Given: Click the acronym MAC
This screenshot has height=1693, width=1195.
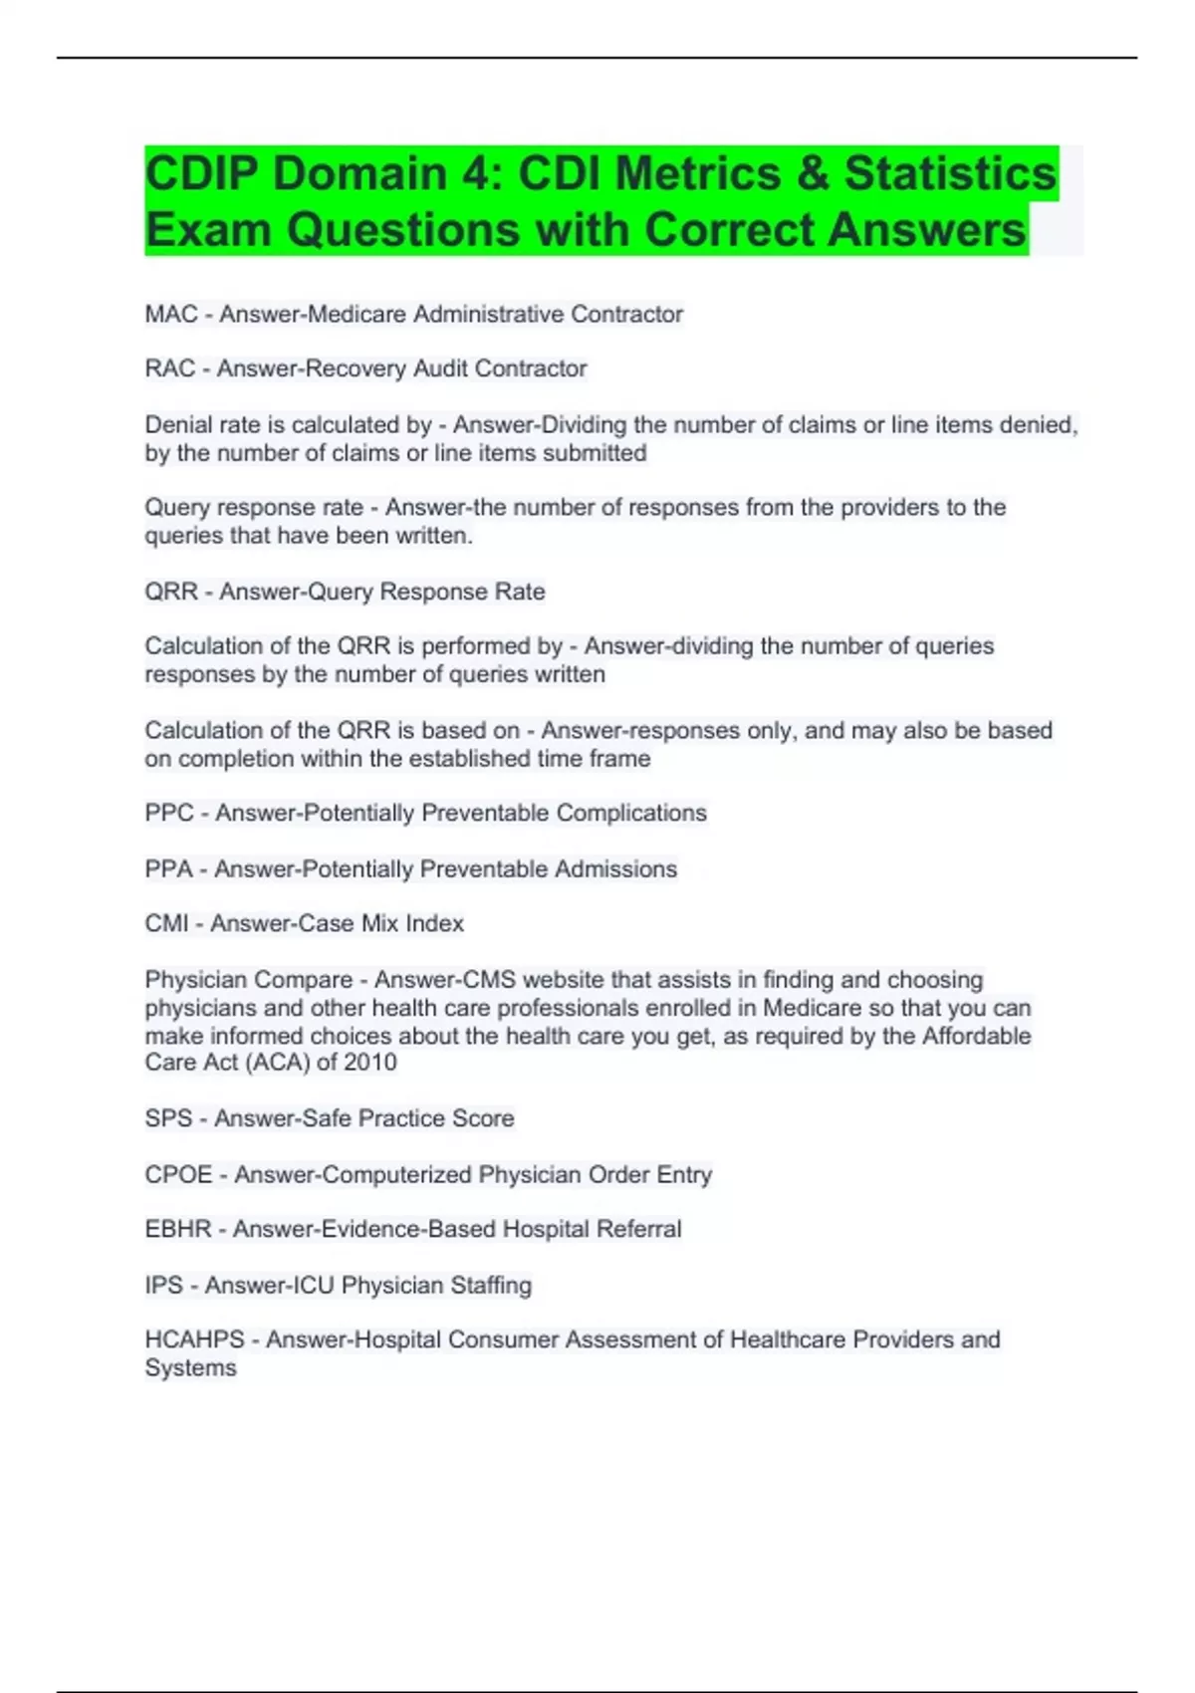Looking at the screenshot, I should [171, 315].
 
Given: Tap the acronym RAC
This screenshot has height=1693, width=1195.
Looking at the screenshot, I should [170, 368].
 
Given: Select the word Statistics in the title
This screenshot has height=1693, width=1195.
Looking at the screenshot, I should [950, 173].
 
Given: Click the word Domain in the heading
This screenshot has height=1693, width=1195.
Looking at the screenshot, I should [358, 173].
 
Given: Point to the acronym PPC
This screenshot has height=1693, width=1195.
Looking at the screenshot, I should [169, 814].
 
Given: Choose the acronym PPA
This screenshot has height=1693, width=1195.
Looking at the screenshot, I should [168, 869].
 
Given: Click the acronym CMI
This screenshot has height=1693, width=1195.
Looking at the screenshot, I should [166, 924].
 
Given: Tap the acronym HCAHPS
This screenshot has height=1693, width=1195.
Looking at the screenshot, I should [194, 1340].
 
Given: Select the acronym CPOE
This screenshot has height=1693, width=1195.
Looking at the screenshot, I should [178, 1175].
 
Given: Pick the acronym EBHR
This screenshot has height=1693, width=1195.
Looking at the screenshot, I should [178, 1230].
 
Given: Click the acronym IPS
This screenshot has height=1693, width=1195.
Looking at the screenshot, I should [163, 1286].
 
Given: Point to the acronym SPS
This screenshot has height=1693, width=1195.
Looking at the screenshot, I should [168, 1119].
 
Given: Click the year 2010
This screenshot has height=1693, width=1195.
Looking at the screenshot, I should [370, 1063].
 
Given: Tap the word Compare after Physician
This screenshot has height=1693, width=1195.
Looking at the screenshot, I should [307, 980].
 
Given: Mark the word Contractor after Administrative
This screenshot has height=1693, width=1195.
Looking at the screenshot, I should [626, 315].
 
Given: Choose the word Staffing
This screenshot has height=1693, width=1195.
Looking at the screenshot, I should [491, 1286].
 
